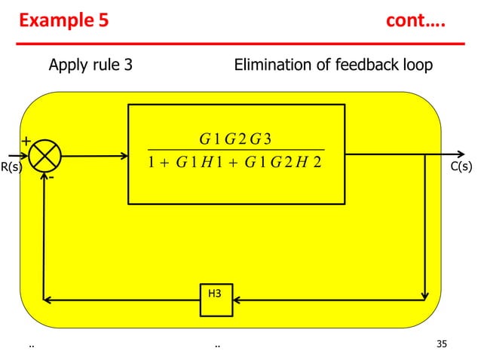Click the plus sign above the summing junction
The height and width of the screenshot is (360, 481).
tap(25, 141)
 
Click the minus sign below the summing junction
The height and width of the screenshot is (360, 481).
tap(51, 178)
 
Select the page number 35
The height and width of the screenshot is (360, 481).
tap(442, 345)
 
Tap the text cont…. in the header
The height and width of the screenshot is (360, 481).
tap(415, 21)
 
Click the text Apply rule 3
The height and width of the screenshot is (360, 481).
tap(90, 65)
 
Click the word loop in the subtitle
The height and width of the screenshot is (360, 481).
tap(416, 65)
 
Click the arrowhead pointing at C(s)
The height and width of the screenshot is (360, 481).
tap(441, 157)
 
